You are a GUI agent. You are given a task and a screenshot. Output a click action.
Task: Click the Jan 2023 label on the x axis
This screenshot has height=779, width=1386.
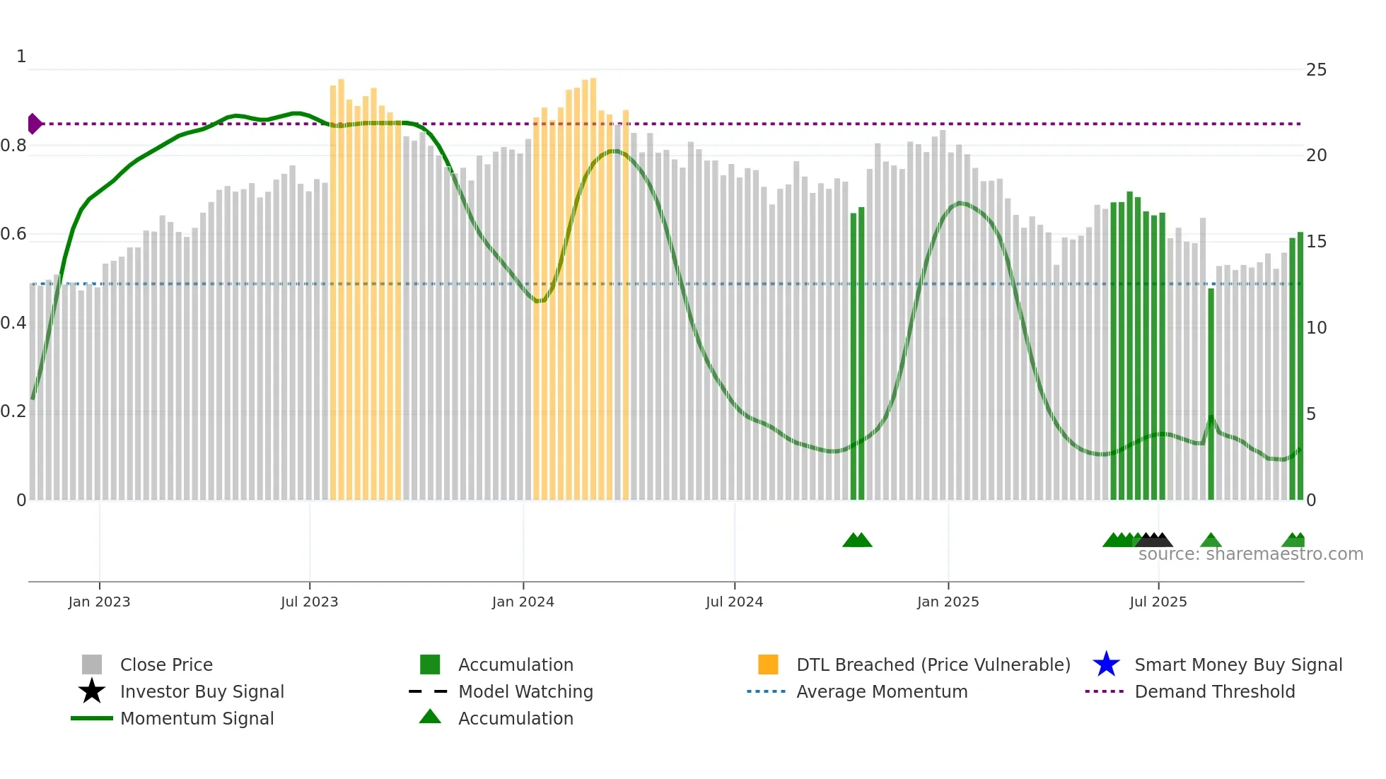(x=99, y=602)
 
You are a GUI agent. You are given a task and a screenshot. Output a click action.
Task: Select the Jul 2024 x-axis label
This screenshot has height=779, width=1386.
(x=734, y=602)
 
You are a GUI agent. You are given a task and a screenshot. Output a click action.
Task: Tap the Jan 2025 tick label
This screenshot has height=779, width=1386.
(x=948, y=602)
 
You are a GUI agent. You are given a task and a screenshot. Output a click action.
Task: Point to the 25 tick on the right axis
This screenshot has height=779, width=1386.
(x=1316, y=70)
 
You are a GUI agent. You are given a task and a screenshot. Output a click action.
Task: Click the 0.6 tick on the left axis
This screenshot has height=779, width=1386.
(x=14, y=234)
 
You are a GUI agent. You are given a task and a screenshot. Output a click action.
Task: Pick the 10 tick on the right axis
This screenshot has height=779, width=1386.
(x=1316, y=328)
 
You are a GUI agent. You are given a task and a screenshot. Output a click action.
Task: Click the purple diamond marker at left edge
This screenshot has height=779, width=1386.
(x=34, y=124)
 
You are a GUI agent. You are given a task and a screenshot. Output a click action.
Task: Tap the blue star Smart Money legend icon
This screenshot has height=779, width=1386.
(x=1106, y=664)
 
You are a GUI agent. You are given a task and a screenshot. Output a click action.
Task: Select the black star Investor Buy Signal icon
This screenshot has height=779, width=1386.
(x=92, y=691)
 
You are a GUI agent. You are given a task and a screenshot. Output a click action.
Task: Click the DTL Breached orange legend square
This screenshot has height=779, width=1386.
(x=768, y=664)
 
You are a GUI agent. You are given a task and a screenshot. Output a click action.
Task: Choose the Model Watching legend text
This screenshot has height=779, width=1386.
(x=525, y=691)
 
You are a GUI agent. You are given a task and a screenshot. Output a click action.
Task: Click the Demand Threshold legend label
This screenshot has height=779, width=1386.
(x=1214, y=691)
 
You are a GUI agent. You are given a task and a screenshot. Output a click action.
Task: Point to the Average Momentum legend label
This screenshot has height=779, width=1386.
(x=882, y=691)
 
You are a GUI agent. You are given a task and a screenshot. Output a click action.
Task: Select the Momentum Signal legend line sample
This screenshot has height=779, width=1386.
(x=92, y=718)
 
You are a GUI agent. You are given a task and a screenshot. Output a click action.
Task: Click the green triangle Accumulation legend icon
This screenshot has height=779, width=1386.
(x=430, y=717)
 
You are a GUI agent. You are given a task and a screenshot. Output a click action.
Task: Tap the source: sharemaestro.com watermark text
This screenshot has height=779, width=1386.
(x=1250, y=554)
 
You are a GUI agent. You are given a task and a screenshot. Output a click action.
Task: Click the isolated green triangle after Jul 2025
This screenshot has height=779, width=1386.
(x=1211, y=541)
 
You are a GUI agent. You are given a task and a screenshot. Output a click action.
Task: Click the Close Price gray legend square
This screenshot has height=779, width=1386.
(x=92, y=664)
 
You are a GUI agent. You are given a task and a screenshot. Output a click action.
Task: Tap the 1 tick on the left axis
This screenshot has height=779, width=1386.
(x=21, y=57)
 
